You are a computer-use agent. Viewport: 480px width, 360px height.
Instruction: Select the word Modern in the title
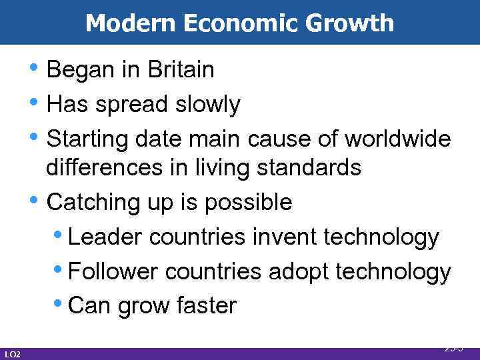126,23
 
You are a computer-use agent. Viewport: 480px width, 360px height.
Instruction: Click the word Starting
88,139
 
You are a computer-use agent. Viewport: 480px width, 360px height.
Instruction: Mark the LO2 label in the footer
12,353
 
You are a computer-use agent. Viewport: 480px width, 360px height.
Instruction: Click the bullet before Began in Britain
40,69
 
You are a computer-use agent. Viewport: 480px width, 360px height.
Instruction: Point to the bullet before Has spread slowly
40,103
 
